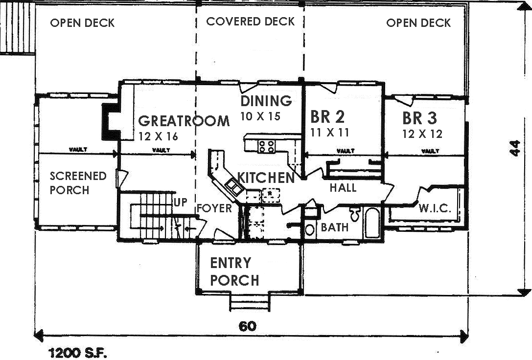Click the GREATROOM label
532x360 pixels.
coord(184,121)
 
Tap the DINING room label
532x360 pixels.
coord(266,101)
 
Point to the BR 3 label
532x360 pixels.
coord(420,118)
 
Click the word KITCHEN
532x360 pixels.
coord(266,178)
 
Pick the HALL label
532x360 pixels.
coord(343,188)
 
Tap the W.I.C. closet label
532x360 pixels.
coord(434,209)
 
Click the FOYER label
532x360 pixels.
coord(214,209)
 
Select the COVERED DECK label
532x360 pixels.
coord(250,22)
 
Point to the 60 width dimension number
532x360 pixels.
coord(248,326)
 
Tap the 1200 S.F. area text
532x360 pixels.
coord(77,352)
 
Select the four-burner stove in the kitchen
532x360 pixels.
coord(267,146)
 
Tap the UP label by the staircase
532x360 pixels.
coord(180,202)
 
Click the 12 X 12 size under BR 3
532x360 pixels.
coord(422,134)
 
